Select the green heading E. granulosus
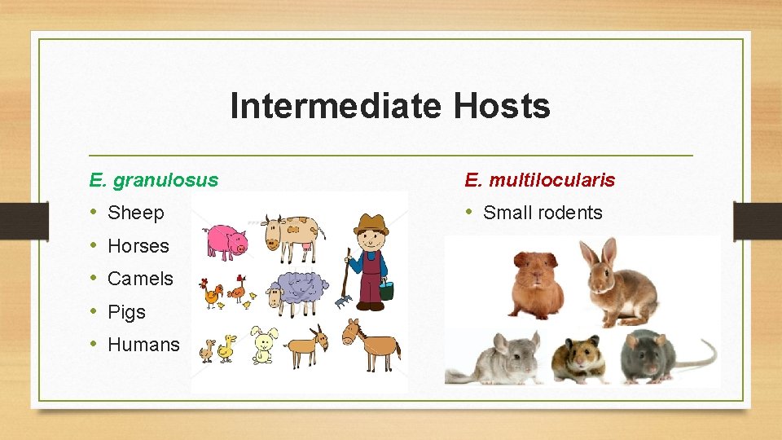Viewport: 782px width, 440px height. [154, 179]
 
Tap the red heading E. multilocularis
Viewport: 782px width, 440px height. [539, 179]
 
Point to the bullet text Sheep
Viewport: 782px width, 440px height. [136, 213]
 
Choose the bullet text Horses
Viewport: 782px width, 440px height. [138, 246]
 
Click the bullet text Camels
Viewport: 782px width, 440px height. [140, 279]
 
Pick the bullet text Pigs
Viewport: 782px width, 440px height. [126, 312]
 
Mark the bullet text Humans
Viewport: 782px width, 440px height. [143, 345]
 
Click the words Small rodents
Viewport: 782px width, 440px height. [543, 213]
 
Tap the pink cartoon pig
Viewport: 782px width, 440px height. [226, 241]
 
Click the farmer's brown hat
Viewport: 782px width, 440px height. [372, 222]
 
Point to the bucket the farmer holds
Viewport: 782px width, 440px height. [387, 290]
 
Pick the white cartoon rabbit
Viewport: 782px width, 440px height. [264, 345]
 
